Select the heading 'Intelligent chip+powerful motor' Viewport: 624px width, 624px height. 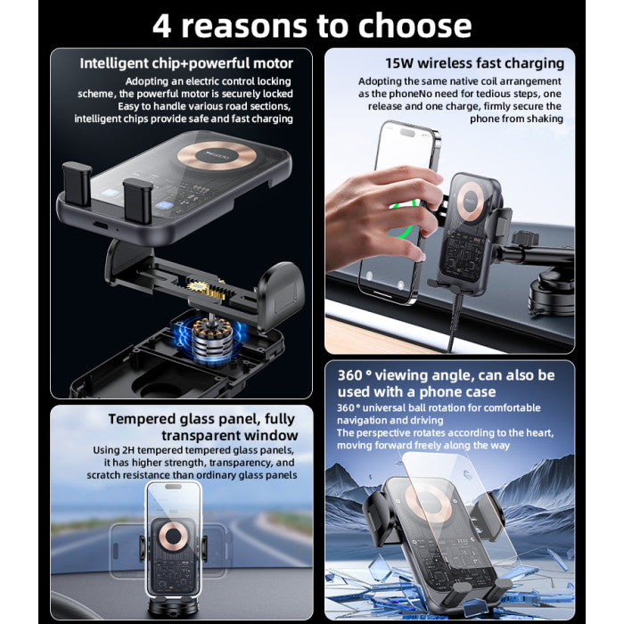tap(185, 63)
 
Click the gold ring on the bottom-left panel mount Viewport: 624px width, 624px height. tap(174, 538)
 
